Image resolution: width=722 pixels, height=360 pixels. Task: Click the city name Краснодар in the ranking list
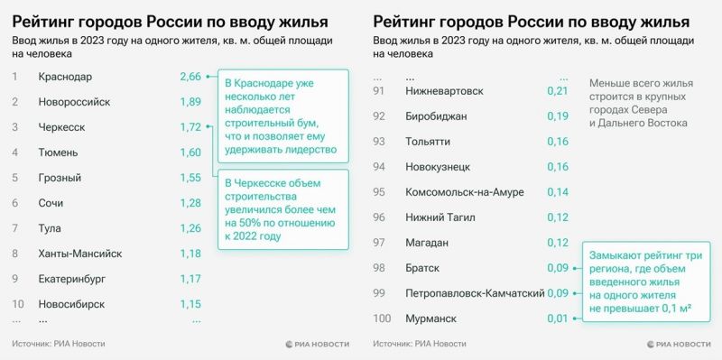tap(65, 77)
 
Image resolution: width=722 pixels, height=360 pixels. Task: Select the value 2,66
tap(190, 77)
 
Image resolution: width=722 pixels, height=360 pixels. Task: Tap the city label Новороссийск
tap(74, 102)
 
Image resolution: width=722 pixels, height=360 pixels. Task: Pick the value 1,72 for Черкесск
tap(190, 127)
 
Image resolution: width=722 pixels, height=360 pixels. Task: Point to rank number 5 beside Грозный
tap(15, 178)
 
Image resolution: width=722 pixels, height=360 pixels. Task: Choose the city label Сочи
tap(51, 203)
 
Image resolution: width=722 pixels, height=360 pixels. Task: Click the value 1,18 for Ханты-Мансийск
tap(190, 254)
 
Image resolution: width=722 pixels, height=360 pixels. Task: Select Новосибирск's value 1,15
tap(190, 304)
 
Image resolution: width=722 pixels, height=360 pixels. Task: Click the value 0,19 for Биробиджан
tap(558, 116)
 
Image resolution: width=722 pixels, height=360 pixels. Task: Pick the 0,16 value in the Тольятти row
tap(558, 142)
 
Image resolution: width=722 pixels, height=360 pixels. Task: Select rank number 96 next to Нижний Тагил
tap(379, 217)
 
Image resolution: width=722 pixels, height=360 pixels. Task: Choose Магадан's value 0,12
tap(558, 243)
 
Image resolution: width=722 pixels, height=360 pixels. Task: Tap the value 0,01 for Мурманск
tap(558, 318)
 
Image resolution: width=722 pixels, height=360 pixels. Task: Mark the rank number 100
tap(382, 318)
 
